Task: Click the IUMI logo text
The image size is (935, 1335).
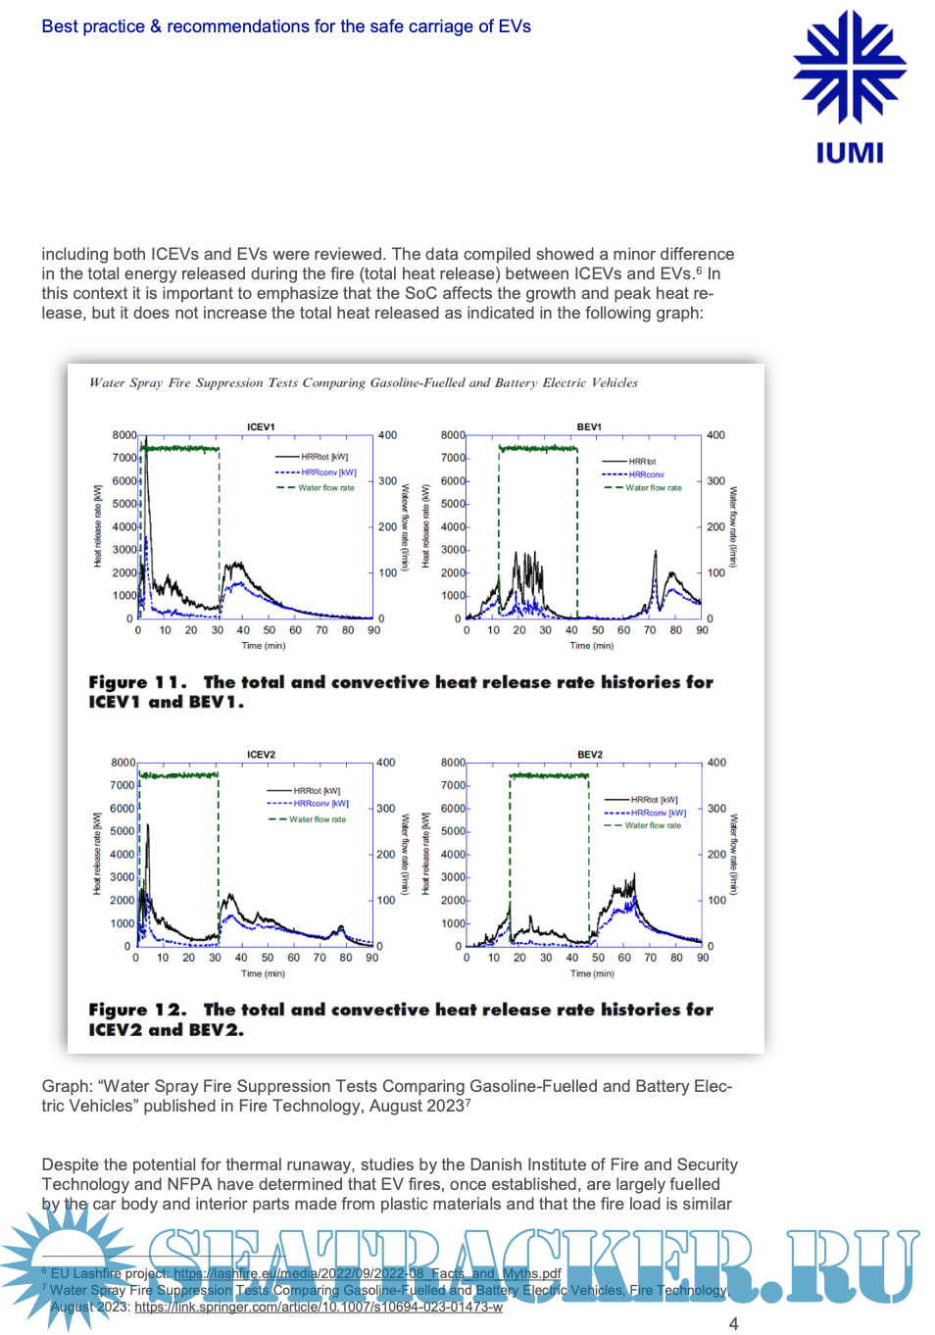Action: tap(849, 153)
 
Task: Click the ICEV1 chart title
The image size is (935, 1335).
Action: tap(261, 427)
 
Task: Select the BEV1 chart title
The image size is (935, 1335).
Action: tap(589, 427)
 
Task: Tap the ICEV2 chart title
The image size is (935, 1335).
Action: tap(261, 755)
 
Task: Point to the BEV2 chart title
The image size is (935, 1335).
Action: tap(590, 755)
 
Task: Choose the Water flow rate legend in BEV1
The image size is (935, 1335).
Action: tap(653, 487)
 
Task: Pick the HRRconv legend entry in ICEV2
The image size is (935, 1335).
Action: tap(320, 803)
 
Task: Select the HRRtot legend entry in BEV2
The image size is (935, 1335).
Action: tap(654, 800)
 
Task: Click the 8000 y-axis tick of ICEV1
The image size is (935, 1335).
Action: tap(124, 435)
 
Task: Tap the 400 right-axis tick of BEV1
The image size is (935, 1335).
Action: tap(716, 435)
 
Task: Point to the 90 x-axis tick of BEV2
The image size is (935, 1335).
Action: tap(703, 958)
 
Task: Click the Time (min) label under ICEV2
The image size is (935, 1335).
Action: tap(263, 973)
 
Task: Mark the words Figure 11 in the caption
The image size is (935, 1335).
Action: tap(136, 682)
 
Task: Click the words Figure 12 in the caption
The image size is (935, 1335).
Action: tap(136, 1010)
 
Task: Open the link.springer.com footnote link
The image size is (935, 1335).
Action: tap(319, 1307)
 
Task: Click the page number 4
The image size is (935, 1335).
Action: tap(733, 1323)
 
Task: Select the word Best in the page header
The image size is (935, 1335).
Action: tap(60, 26)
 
